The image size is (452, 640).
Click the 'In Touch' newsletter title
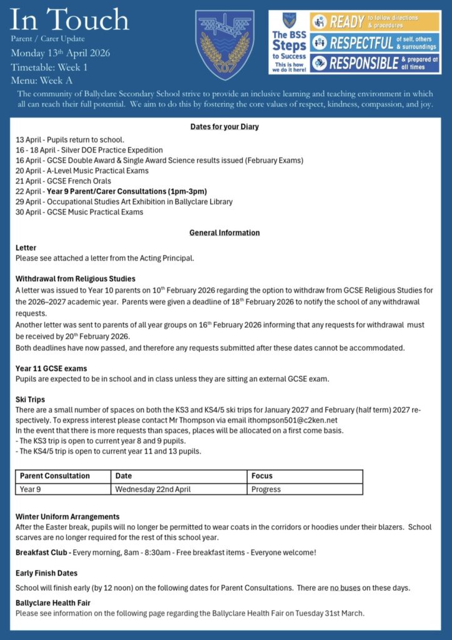[70, 21]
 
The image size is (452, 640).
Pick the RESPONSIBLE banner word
[364, 63]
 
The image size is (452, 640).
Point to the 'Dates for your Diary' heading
[225, 127]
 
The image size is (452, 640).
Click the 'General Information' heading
[225, 232]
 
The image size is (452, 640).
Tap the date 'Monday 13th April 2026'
[60, 52]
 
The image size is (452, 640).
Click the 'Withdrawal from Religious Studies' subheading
[76, 279]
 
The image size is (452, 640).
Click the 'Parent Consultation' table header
[55, 476]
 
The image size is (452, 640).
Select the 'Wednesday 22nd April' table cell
[153, 489]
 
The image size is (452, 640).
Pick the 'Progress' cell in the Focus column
[266, 489]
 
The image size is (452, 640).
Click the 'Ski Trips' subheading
[30, 399]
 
